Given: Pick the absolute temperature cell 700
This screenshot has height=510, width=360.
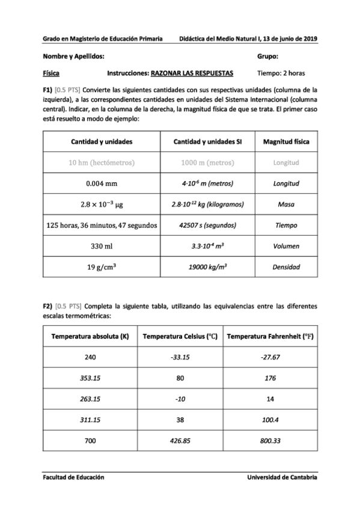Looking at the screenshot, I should click(x=91, y=441).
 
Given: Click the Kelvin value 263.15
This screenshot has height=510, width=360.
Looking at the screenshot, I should click(x=91, y=398).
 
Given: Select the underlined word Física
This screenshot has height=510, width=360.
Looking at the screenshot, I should click(x=51, y=73).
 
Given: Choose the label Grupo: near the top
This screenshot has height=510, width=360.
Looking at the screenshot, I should click(x=267, y=56).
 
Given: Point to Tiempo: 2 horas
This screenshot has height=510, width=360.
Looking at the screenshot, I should click(x=281, y=73).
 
